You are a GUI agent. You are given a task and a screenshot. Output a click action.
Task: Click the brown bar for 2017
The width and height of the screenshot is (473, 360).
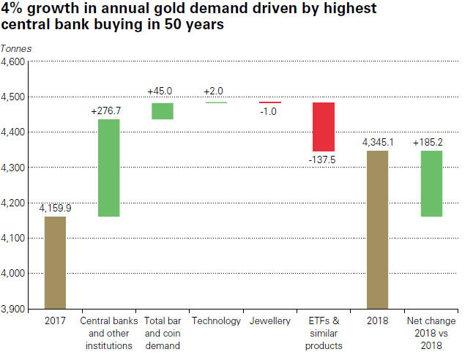(x=54, y=262)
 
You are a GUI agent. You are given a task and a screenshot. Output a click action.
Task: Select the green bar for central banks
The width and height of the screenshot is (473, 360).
(x=108, y=168)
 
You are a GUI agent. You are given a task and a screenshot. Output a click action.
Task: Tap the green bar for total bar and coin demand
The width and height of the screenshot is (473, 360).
(x=162, y=110)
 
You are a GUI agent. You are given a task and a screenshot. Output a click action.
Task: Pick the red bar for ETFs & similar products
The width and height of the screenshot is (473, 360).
(x=323, y=127)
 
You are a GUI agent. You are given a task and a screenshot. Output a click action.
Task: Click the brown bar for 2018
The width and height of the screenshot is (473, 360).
(x=377, y=229)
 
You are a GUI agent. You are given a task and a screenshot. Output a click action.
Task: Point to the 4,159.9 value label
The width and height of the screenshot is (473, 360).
(x=55, y=209)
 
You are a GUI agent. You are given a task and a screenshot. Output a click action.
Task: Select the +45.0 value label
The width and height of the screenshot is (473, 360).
(x=161, y=91)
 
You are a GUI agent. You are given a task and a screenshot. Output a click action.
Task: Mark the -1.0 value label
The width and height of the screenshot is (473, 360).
(x=269, y=111)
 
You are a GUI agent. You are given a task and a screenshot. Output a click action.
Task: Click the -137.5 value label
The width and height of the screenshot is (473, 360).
(x=322, y=159)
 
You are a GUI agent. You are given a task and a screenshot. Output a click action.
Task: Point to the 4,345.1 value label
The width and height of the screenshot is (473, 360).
(x=379, y=142)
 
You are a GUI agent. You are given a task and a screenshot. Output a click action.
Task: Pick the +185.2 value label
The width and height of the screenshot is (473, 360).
(x=430, y=142)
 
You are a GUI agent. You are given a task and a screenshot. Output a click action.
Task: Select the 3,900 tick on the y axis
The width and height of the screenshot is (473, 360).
(x=13, y=308)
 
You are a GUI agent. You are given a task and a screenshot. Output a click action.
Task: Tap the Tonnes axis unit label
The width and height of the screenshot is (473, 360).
(x=16, y=48)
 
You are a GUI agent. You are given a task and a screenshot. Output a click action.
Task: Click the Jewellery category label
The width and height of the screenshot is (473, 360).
(x=269, y=321)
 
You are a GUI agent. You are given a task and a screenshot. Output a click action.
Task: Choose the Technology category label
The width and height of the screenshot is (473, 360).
(x=215, y=321)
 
